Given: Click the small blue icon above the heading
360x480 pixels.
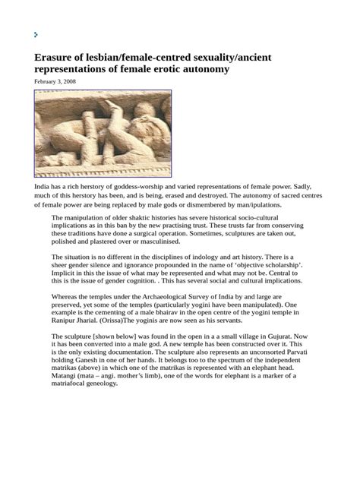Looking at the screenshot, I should [x=36, y=34].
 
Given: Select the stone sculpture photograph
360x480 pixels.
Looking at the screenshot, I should [x=103, y=134].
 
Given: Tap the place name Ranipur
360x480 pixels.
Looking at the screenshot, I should [x=65, y=322].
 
